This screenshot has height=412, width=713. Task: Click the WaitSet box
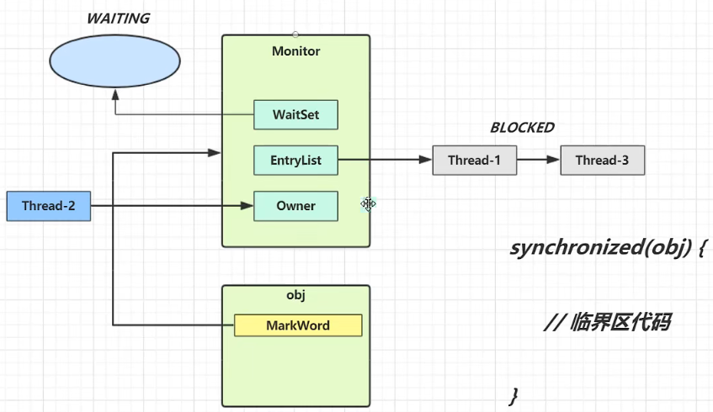point(295,114)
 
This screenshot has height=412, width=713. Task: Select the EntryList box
point(295,160)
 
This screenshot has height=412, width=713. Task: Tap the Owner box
point(295,206)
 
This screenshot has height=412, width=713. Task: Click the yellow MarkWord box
point(298,325)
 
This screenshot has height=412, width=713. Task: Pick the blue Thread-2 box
point(48,206)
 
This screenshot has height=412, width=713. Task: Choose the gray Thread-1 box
point(475,160)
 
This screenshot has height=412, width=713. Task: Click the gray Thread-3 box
point(603,160)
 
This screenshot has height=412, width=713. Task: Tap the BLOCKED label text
point(522,128)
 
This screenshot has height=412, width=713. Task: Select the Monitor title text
point(295,51)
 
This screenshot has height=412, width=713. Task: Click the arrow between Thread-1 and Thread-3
point(539,160)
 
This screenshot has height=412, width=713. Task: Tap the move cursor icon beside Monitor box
point(369,203)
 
